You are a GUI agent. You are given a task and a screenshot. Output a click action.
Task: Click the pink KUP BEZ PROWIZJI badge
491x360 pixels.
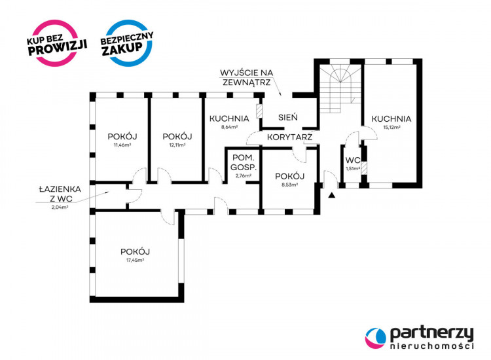(56, 43)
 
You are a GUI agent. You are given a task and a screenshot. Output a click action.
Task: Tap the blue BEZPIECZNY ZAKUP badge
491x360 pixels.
(127, 43)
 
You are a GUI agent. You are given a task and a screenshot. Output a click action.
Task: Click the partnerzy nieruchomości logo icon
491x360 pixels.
(376, 338)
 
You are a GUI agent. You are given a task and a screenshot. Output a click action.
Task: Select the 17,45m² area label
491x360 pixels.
(136, 260)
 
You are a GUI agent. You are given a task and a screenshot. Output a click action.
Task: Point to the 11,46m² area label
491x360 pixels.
(122, 145)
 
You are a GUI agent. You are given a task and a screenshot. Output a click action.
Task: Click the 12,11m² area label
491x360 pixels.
(177, 145)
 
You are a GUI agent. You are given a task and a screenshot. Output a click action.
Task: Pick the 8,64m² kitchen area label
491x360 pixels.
(229, 127)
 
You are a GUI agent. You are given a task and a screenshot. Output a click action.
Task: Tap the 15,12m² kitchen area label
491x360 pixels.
(392, 128)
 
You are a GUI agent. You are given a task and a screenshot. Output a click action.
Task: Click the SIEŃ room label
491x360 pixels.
(288, 117)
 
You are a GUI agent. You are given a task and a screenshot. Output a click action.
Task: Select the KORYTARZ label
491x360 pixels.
(289, 137)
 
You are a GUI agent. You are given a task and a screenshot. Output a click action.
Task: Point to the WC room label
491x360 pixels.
(353, 160)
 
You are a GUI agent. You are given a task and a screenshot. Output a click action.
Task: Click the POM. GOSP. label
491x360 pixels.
(244, 162)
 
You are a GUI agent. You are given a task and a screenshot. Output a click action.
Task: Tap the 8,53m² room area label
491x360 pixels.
(289, 185)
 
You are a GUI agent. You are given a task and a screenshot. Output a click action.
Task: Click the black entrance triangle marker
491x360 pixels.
(332, 195)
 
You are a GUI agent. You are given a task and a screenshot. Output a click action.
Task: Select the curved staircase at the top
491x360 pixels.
(340, 89)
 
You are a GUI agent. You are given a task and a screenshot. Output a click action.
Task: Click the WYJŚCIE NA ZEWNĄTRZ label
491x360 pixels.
(246, 78)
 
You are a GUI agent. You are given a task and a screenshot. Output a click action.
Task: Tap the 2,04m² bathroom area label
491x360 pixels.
(60, 207)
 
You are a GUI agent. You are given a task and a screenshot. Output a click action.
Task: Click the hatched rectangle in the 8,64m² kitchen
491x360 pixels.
(259, 111)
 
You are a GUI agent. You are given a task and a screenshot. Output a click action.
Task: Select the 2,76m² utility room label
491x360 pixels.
(244, 176)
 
